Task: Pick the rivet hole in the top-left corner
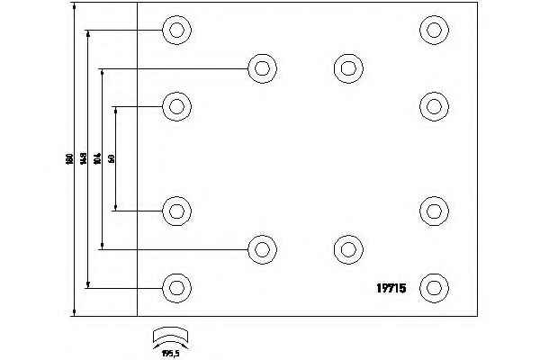177,31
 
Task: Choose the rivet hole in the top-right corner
435,31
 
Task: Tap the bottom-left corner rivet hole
177,288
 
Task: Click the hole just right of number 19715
435,288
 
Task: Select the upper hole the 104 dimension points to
262,67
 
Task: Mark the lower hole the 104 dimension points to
262,249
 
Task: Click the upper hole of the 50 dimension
177,107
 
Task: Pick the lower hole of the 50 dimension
177,211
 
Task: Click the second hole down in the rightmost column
435,107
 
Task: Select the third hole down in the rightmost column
435,211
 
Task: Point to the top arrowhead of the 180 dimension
71,6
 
